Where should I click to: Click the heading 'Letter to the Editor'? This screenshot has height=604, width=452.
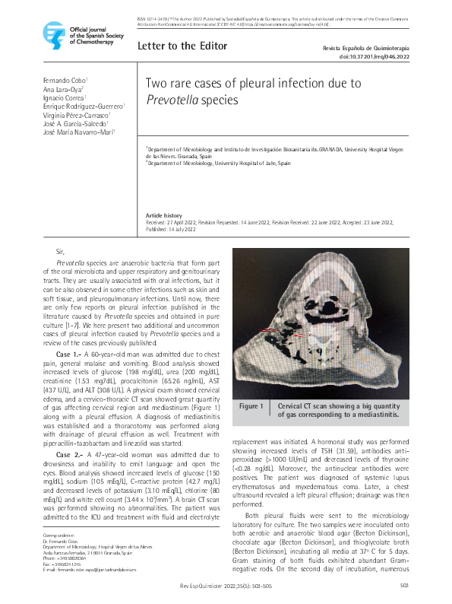pos(182,46)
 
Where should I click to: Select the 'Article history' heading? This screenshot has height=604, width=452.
pos(163,216)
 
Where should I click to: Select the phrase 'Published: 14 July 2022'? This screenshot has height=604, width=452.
pos(171,228)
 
